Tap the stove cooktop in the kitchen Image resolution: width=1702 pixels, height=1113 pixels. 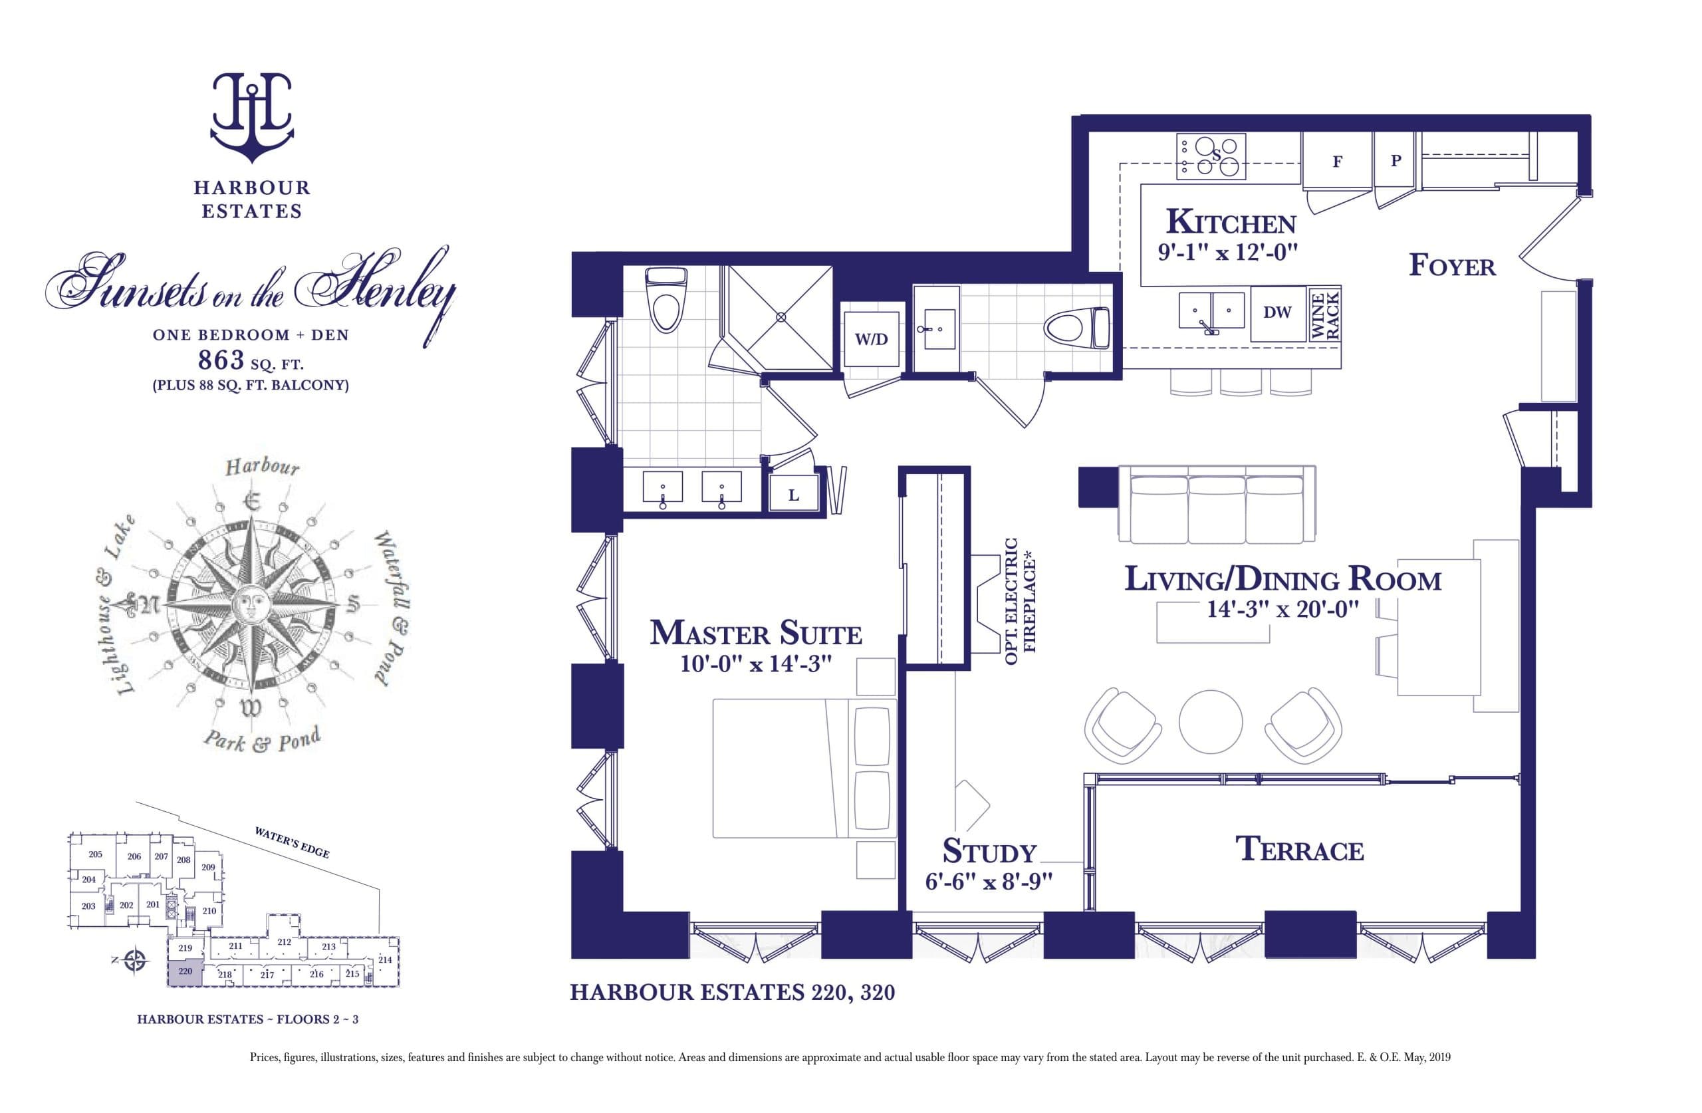(x=1211, y=156)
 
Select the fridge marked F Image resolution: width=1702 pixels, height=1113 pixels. (x=1336, y=162)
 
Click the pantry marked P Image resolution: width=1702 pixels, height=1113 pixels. (x=1396, y=161)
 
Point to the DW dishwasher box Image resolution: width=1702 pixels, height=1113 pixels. (x=1277, y=313)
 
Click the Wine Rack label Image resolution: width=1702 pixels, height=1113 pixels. (x=1324, y=314)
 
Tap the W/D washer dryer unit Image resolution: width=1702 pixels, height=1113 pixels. (x=870, y=339)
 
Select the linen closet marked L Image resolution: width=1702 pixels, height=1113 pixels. (x=793, y=495)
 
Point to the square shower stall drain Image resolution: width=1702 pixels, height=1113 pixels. (x=781, y=316)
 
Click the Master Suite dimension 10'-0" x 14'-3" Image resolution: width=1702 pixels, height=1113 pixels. (x=756, y=664)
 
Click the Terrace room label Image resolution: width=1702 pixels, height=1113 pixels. (x=1299, y=849)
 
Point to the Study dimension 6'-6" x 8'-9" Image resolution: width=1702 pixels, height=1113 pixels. (x=989, y=881)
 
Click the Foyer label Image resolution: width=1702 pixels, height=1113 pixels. (x=1452, y=266)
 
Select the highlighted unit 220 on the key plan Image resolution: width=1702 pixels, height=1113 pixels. (x=185, y=972)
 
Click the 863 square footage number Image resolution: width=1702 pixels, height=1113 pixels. (x=221, y=360)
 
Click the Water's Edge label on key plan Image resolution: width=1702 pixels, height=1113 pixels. (x=292, y=842)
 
